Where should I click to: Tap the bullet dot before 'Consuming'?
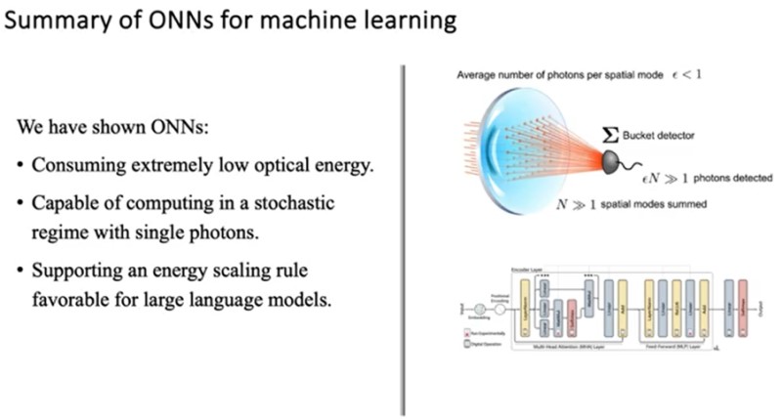pyautogui.click(x=21, y=165)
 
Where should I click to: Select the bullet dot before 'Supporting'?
pyautogui.click(x=21, y=268)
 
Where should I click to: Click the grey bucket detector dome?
pyautogui.click(x=613, y=160)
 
